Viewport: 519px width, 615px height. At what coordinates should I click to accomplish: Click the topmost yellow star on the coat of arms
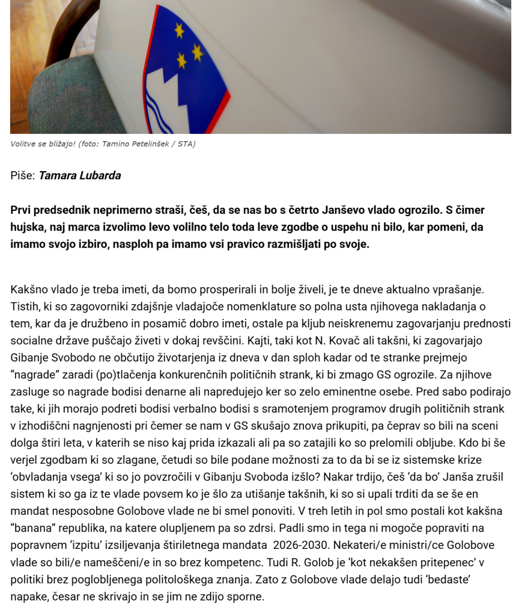tap(179, 29)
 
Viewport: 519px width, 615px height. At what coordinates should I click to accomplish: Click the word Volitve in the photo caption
tap(23, 144)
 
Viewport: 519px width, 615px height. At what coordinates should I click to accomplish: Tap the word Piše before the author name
tap(22, 175)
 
